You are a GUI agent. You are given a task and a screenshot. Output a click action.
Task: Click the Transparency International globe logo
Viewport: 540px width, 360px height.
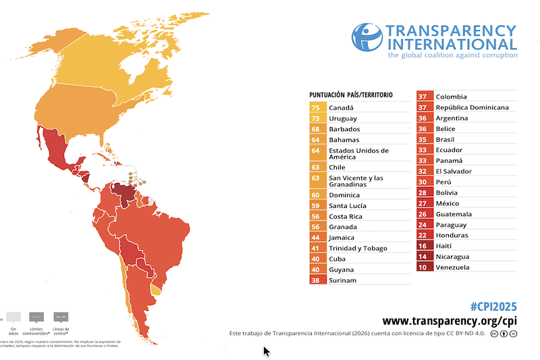367,38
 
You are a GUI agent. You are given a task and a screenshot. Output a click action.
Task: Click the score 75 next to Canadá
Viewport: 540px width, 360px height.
316,107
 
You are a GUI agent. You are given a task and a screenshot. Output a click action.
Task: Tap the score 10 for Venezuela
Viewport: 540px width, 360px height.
423,267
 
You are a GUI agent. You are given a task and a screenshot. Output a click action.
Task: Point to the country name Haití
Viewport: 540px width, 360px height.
446,246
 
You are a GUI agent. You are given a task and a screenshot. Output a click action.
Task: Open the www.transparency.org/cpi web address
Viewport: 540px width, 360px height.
450,321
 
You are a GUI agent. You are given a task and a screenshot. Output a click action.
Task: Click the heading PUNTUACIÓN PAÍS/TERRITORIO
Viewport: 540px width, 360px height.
351,95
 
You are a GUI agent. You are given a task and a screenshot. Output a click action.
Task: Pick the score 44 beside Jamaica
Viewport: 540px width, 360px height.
316,238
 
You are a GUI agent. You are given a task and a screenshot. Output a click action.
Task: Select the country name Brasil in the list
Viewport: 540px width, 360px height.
446,140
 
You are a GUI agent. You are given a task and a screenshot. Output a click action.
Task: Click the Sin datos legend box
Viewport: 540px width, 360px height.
13,317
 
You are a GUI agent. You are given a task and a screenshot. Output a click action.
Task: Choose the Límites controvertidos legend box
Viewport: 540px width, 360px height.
36,317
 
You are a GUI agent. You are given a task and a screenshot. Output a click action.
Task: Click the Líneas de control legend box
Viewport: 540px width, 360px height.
60,317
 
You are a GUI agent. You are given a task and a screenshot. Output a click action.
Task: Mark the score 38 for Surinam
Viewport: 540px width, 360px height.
316,280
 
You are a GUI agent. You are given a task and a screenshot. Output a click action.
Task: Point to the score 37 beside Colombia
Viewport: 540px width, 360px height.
423,97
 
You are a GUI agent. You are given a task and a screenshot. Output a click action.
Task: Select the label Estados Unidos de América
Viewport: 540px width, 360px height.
358,153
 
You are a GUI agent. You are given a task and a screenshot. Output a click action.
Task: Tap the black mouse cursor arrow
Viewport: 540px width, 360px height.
267,351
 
